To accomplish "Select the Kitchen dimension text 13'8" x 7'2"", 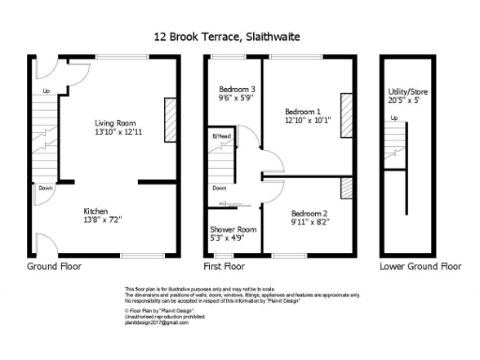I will pyautogui.click(x=104, y=217).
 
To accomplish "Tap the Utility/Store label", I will pyautogui.click(x=408, y=93).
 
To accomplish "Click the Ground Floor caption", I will pyautogui.click(x=54, y=266).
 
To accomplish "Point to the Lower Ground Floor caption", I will pyautogui.click(x=420, y=266).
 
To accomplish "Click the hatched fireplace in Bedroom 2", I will pyautogui.click(x=347, y=187).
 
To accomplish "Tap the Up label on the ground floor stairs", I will pyautogui.click(x=46, y=91).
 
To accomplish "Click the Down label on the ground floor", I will pyautogui.click(x=45, y=187).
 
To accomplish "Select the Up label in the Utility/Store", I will pyautogui.click(x=393, y=118).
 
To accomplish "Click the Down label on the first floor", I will pyautogui.click(x=218, y=187).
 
